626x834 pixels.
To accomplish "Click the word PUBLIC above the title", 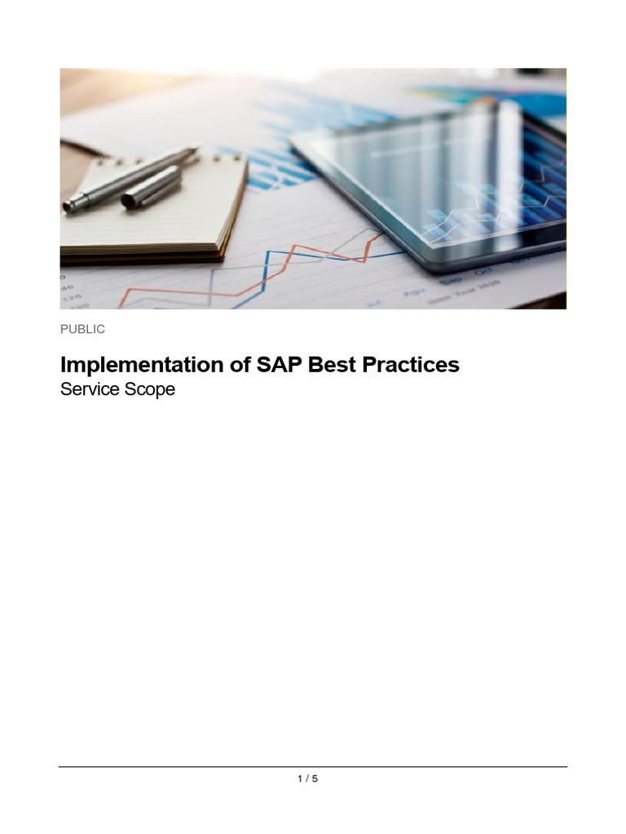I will (x=82, y=329).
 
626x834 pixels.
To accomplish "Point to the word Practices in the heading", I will (x=411, y=365).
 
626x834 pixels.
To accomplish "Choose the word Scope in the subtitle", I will (x=148, y=389).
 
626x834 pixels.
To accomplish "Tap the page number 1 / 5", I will (x=307, y=779).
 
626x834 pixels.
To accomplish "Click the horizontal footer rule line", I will (x=313, y=766).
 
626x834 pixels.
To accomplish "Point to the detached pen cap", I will (x=151, y=190).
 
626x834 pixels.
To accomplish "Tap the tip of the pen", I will (x=196, y=150).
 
